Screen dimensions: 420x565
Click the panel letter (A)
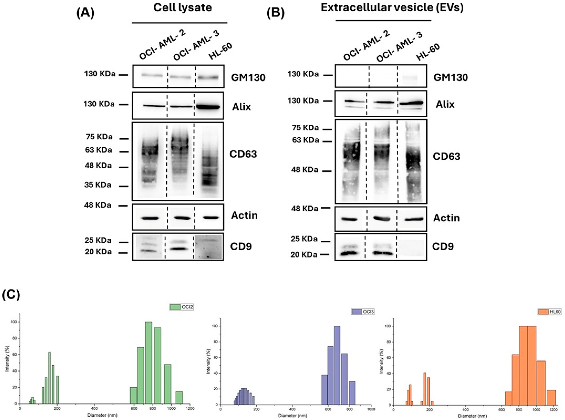click(85, 13)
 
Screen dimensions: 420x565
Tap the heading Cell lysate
click(182, 8)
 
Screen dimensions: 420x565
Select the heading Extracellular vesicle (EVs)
click(392, 8)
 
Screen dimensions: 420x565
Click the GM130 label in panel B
click(451, 77)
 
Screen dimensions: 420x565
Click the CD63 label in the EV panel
click(446, 156)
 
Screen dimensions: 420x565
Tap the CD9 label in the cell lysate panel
click(241, 246)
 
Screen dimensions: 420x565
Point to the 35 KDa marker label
click(98, 185)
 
